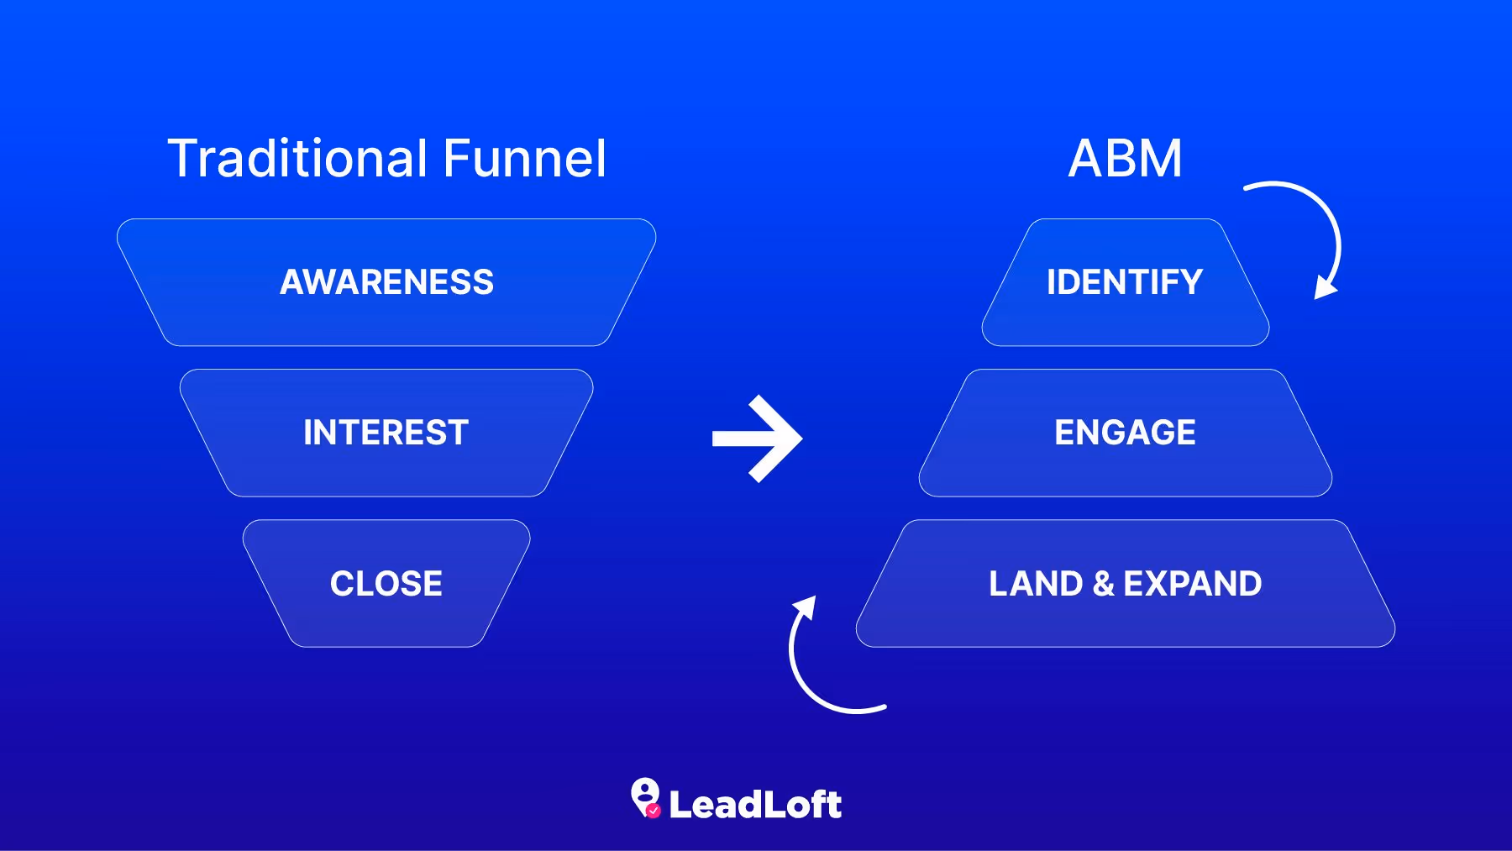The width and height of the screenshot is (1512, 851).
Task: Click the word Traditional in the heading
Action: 298,159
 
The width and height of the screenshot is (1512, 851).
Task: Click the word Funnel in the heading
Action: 524,159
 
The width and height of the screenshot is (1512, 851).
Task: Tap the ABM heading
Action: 1125,159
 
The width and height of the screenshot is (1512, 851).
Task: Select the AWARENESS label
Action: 386,282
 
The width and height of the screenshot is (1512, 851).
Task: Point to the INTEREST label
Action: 386,433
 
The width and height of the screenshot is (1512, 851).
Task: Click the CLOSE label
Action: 386,584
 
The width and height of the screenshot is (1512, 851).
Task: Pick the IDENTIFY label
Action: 1125,282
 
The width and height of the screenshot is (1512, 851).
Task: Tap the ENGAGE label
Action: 1125,433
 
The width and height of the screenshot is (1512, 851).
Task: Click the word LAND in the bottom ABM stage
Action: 1036,584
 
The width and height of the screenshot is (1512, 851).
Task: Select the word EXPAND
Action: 1192,584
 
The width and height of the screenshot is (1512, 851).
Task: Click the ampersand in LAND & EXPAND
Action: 1104,584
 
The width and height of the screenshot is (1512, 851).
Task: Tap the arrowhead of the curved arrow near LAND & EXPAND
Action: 806,607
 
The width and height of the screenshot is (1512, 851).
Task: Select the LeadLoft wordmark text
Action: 755,805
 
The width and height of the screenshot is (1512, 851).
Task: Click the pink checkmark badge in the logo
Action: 654,811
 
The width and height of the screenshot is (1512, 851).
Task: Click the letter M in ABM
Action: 1163,159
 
